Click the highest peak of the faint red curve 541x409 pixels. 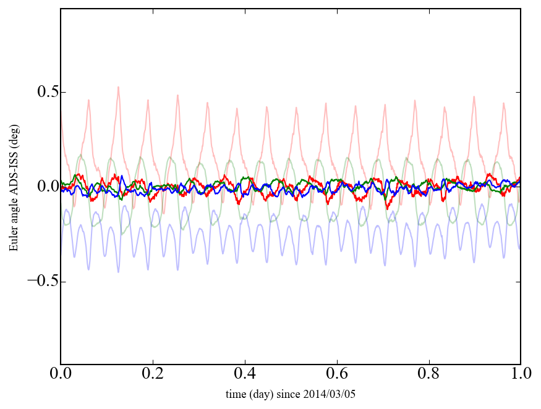tap(117, 87)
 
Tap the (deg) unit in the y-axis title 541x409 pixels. tap(13, 134)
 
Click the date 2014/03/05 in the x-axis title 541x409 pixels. tap(331, 394)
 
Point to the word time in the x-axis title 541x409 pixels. tap(236, 394)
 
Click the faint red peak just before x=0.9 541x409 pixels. tap(474, 96)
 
